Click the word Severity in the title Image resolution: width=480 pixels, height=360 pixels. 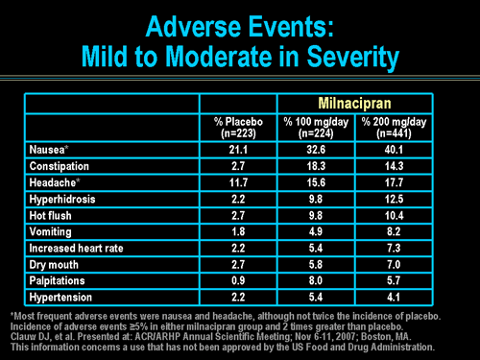click(x=347, y=58)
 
